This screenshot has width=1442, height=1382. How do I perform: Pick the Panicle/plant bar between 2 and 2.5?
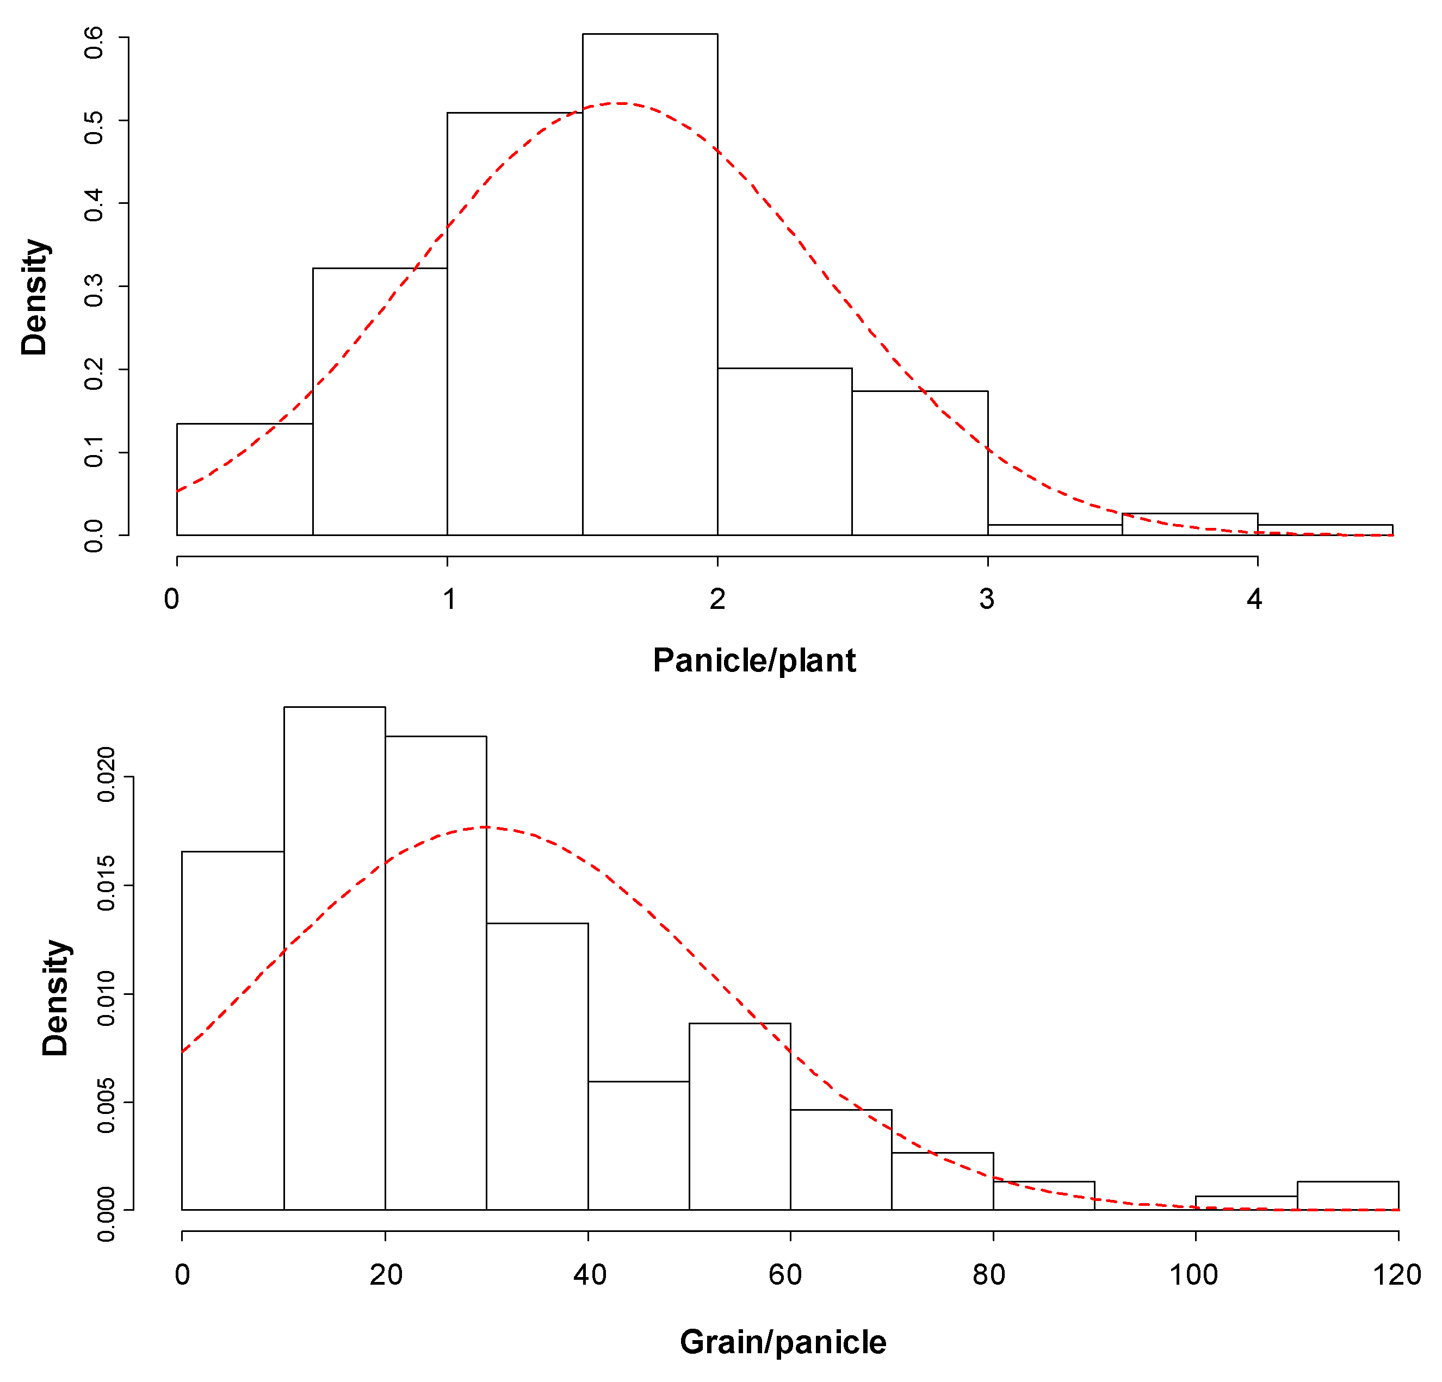pos(784,452)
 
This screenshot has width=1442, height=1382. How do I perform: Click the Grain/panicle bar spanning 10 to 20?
pos(335,956)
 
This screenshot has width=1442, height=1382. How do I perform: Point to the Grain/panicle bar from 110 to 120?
pos(1347,1194)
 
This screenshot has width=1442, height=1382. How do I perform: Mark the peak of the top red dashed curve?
pos(622,104)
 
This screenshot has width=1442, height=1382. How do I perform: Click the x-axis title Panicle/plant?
pos(754,661)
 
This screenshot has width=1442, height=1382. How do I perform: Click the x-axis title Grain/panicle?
pos(783,1342)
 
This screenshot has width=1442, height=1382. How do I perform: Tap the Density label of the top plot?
pos(34,297)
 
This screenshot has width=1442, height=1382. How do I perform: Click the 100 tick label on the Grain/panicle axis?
pos(1193,1274)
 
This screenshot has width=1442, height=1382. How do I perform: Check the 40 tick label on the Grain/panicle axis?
pos(589,1274)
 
